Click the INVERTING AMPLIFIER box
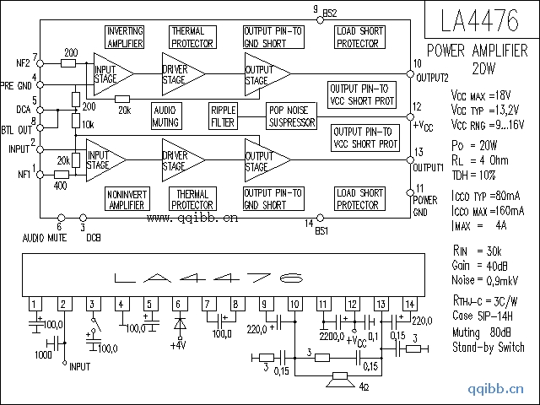125,36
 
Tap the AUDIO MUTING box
166,116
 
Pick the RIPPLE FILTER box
224,116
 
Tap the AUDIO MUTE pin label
45,237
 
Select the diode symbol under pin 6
177,324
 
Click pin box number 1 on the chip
34,304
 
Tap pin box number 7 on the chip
207,304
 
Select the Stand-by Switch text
488,347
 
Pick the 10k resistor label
88,124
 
